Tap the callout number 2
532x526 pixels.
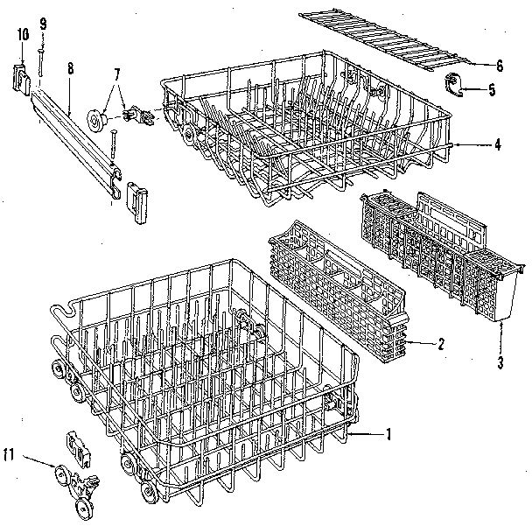440,344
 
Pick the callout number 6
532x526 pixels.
500,65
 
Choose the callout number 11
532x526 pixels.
10,453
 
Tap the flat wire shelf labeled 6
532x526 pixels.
398,40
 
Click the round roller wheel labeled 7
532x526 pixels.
97,119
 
